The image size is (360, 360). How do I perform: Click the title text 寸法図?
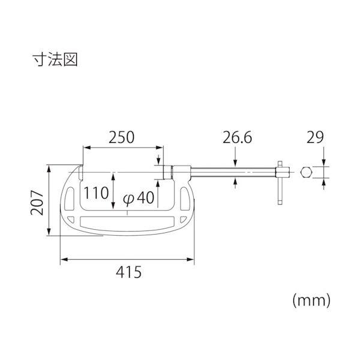(55, 60)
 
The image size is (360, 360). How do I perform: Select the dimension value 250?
(121, 137)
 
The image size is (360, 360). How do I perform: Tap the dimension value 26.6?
(237, 137)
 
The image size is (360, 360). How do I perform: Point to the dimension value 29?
(315, 137)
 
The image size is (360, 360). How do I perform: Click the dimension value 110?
(96, 193)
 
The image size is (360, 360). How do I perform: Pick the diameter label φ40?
(139, 198)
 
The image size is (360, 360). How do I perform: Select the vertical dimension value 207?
(37, 203)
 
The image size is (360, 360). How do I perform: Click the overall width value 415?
(128, 272)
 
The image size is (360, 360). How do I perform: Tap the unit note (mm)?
(311, 301)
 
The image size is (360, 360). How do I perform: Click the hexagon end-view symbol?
(306, 172)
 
